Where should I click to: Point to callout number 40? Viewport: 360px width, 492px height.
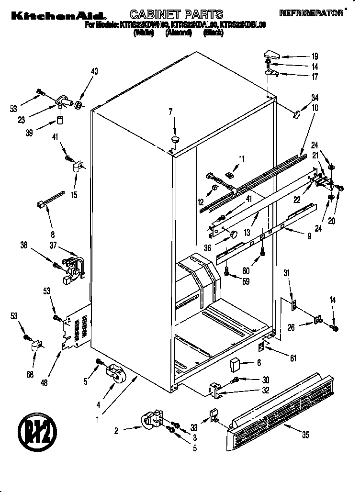tap(94, 72)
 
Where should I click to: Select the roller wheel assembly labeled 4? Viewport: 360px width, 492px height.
tap(113, 373)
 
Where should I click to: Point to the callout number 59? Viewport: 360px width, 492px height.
tap(246, 281)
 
